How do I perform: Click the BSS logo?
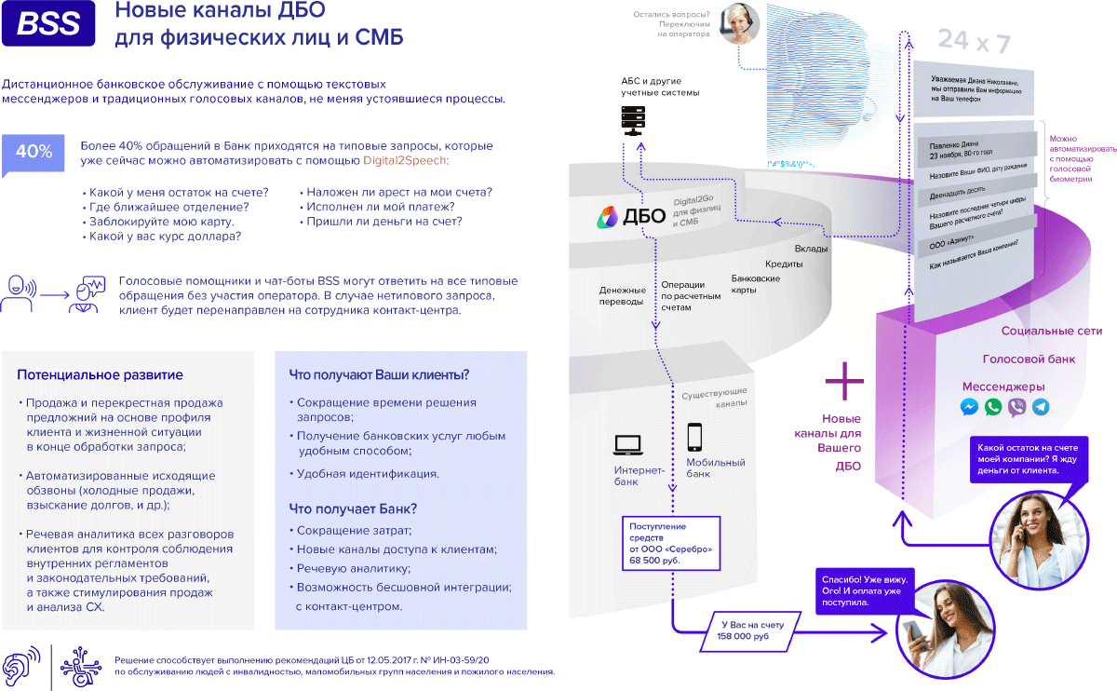point(48,25)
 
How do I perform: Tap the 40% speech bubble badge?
point(34,153)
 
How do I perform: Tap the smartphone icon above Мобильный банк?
point(694,437)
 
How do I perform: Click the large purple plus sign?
point(845,381)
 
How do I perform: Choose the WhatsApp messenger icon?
point(993,407)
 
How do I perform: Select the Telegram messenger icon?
point(1041,407)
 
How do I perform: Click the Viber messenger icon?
point(1017,407)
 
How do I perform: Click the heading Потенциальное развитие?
point(100,375)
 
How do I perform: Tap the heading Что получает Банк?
point(353,509)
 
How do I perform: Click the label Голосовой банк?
point(1029,359)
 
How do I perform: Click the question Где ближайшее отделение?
point(168,207)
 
